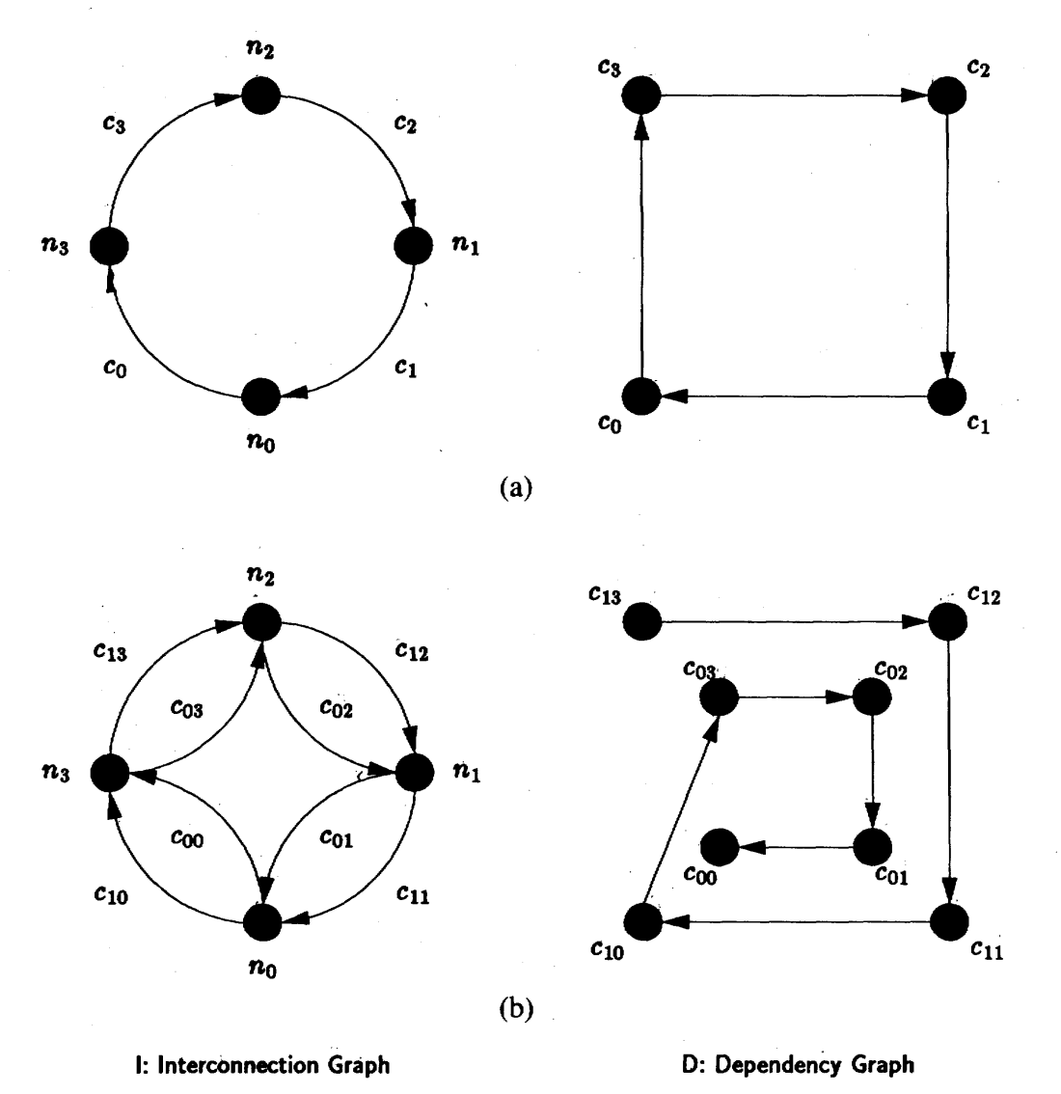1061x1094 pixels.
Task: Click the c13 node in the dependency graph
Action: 642,622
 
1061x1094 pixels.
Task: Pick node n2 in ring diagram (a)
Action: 260,96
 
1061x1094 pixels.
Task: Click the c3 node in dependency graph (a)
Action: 642,96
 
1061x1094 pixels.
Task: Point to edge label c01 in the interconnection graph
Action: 336,841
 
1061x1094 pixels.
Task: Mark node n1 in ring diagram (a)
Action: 414,246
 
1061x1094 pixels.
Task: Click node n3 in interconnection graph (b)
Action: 109,772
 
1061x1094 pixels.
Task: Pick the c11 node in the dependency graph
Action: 951,922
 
